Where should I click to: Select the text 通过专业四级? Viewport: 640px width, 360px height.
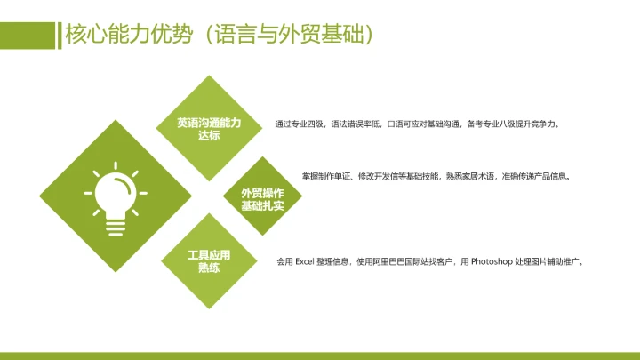(300, 124)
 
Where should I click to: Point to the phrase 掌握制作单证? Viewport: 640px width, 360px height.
(328, 176)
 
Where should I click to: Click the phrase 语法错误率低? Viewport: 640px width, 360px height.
(356, 124)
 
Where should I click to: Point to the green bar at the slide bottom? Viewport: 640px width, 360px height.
(320, 356)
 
